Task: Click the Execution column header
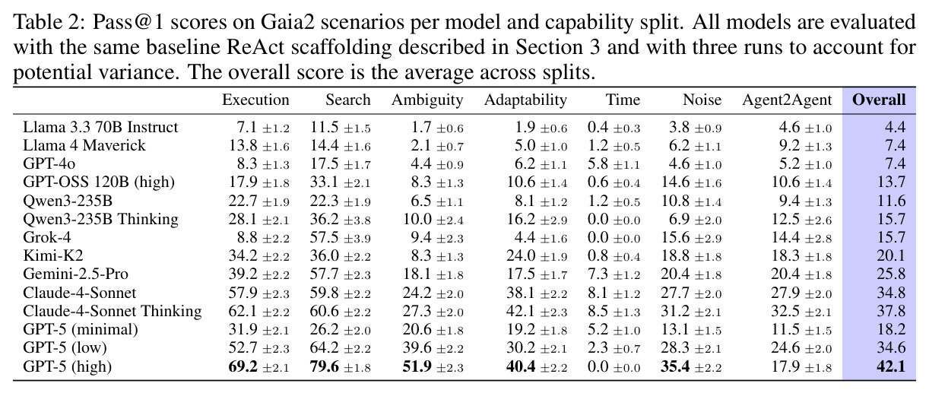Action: pos(255,100)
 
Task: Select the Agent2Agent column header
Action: pos(787,100)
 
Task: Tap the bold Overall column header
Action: pos(879,100)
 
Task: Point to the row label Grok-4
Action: pos(47,237)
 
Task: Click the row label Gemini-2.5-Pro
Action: pos(75,274)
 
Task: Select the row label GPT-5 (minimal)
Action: pos(81,330)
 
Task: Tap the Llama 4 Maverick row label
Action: pos(84,145)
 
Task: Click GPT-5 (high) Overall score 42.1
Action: pos(891,366)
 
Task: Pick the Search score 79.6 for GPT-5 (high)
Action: pos(325,366)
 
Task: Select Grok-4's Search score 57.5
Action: pos(325,237)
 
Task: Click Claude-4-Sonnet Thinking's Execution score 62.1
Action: pos(243,311)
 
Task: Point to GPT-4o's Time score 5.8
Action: pos(598,163)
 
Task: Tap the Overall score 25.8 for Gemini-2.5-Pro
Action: pos(891,274)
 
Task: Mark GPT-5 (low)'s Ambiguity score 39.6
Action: pos(417,347)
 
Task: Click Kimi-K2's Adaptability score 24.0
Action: pos(521,255)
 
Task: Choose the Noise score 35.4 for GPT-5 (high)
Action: pos(675,366)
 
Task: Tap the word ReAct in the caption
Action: pos(255,47)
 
